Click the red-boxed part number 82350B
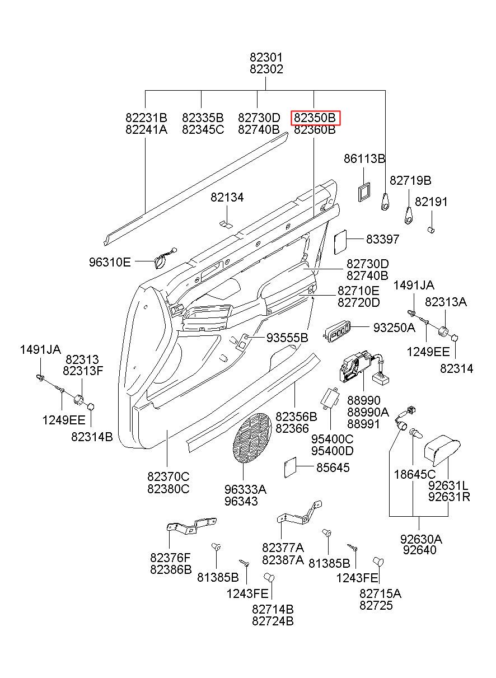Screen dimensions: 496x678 315,118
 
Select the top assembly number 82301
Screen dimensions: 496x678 266,57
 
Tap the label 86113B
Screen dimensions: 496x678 364,158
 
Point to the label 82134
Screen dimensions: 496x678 227,197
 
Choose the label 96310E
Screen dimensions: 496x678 110,262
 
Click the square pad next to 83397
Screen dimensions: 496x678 340,242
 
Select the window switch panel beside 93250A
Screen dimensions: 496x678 337,333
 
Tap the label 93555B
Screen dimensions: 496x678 287,338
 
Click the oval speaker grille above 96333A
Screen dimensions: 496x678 252,438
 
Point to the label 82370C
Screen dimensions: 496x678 169,476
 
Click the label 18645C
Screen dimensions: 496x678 415,474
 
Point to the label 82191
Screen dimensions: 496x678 431,202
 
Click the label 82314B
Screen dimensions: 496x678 92,437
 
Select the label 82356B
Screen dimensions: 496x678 296,417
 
